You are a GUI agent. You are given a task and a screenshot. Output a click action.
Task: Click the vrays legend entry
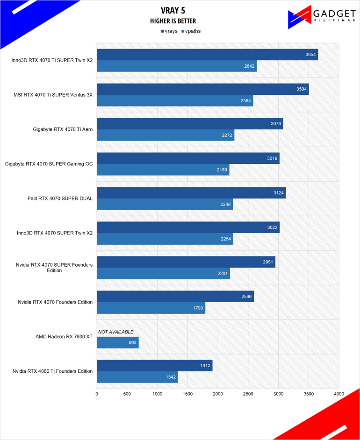(x=168, y=31)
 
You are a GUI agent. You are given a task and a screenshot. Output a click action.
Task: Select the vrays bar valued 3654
(x=207, y=55)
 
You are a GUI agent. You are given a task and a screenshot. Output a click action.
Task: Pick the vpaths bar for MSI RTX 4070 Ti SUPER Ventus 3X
(x=174, y=100)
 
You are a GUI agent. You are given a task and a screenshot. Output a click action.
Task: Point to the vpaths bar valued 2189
(x=163, y=170)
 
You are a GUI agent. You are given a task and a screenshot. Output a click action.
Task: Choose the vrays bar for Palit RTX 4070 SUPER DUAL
(x=191, y=193)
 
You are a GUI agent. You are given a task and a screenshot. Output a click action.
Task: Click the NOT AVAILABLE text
(x=115, y=332)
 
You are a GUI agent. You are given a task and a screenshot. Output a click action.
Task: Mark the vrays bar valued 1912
(x=154, y=366)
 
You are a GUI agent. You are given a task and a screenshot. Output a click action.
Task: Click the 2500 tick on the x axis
(x=248, y=394)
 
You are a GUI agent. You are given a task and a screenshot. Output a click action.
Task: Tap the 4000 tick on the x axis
(x=339, y=394)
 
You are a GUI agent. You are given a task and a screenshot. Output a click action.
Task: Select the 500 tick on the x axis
(x=127, y=394)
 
